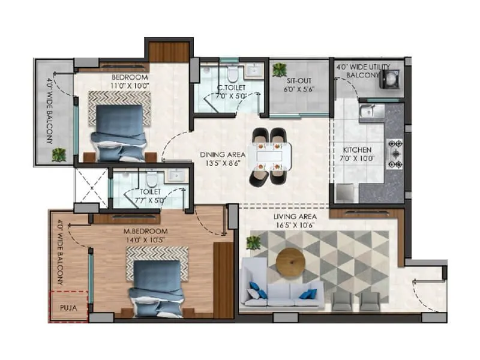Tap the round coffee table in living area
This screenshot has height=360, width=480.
coord(290,262)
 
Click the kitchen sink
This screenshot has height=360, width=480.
coord(367,111)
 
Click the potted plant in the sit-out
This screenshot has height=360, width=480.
coord(279,70)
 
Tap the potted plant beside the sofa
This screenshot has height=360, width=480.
coord(254,243)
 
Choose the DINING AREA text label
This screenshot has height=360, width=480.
coord(221,154)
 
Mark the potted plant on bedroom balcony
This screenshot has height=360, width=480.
coord(59,154)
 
